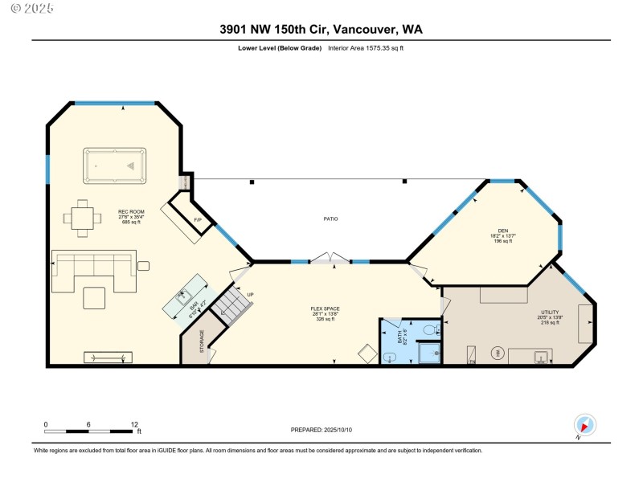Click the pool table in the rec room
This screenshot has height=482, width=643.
pyautogui.click(x=114, y=165)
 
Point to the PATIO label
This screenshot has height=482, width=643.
pyautogui.click(x=330, y=219)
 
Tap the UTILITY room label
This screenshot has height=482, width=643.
pyautogui.click(x=550, y=312)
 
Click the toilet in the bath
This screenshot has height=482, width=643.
pyautogui.click(x=428, y=329)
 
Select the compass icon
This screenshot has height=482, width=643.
pyautogui.click(x=584, y=425)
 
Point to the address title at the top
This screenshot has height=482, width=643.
pyautogui.click(x=321, y=29)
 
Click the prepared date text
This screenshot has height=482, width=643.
pyautogui.click(x=321, y=431)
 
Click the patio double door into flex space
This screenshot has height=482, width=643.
pyautogui.click(x=330, y=259)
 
